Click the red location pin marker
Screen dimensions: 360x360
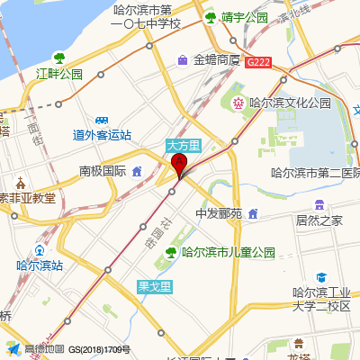pos(179,165)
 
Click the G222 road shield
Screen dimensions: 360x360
pos(257,61)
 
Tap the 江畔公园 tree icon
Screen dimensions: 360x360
pos(59,58)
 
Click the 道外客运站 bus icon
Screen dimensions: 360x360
pos(102,120)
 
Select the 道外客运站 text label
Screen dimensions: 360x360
pos(102,135)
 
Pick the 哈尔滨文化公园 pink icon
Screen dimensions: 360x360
pos(238,103)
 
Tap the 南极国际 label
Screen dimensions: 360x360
pos(102,171)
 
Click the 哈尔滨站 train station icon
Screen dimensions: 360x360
pos(40,250)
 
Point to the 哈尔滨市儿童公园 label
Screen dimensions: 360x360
pos(228,253)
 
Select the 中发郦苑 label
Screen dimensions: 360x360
pos(220,214)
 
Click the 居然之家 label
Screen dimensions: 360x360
pos(319,220)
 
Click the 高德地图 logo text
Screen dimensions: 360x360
pos(43,349)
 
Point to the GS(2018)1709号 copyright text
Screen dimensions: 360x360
pos(100,349)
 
